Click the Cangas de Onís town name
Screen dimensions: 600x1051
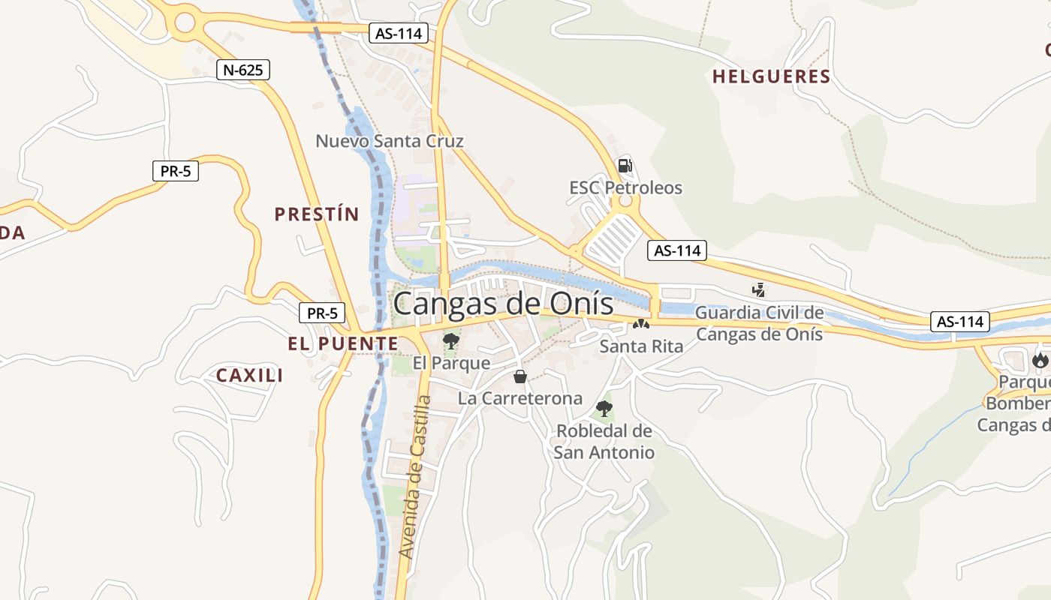coord(503,304)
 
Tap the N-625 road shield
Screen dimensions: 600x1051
coord(242,70)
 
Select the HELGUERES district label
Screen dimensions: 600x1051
coord(771,76)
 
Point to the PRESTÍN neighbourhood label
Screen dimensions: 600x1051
coord(316,214)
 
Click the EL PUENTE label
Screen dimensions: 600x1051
coord(343,344)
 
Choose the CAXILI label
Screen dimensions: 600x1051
coord(249,376)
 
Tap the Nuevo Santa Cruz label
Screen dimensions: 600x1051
coord(389,141)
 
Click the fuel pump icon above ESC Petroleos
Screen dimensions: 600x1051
coord(625,166)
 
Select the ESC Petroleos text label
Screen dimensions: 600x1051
coord(625,187)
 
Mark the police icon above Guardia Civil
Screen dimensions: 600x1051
coord(759,289)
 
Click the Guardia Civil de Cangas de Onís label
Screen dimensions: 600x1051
coord(759,323)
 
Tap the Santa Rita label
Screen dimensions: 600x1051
coord(641,346)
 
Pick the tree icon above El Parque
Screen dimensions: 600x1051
coord(450,342)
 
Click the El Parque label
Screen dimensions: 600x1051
coord(451,364)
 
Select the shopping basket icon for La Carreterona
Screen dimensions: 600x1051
coord(519,376)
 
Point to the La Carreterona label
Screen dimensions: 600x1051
coord(519,398)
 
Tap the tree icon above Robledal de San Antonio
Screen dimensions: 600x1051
coord(604,409)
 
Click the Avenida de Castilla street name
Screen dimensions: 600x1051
coord(415,477)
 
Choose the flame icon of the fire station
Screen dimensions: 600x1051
coord(1040,360)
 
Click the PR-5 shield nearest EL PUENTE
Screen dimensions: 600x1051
coord(322,313)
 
